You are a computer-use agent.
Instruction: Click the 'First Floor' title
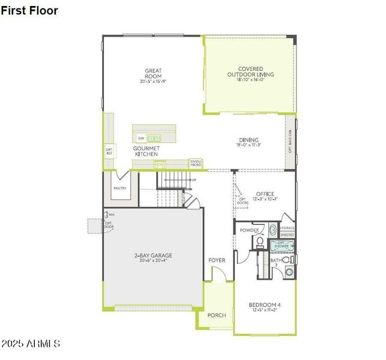[x=29, y=10]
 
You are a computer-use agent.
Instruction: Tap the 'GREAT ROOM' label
[x=154, y=71]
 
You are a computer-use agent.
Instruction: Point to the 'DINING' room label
[x=249, y=140]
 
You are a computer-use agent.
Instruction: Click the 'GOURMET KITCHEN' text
[x=145, y=151]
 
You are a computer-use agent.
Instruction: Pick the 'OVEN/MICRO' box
[x=196, y=163]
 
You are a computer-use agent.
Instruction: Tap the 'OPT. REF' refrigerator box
[x=109, y=151]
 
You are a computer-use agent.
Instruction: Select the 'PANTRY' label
[x=119, y=188]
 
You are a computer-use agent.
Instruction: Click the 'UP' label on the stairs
[x=193, y=180]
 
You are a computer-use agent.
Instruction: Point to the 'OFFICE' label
[x=265, y=194]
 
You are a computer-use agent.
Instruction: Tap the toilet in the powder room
[x=260, y=242]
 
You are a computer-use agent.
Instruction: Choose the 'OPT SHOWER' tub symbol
[x=282, y=245]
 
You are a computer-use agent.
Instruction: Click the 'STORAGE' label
[x=287, y=228]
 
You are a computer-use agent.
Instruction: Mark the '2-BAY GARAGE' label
[x=153, y=256]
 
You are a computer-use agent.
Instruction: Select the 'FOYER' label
[x=217, y=260]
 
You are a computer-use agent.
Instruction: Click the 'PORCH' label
[x=216, y=315]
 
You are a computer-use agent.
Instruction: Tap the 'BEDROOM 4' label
[x=265, y=305]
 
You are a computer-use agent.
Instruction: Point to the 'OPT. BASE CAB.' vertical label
[x=291, y=141]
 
